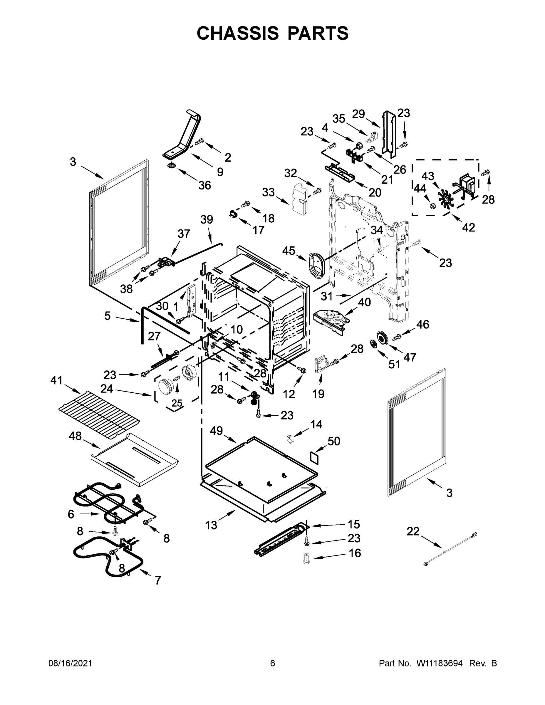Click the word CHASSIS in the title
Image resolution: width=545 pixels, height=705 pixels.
[x=238, y=33]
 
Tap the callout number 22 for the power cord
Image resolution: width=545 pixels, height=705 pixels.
[x=413, y=531]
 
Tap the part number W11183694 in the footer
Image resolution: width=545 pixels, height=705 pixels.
[x=440, y=663]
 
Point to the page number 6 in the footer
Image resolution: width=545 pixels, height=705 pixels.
[x=273, y=663]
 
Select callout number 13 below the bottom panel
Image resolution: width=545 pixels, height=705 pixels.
[x=211, y=525]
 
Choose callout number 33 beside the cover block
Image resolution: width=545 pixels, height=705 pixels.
[x=268, y=192]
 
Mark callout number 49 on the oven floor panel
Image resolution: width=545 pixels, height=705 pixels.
[x=216, y=430]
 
